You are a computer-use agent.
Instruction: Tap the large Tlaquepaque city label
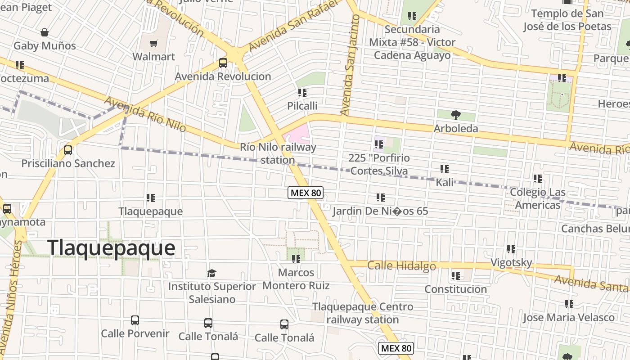pyautogui.click(x=111, y=248)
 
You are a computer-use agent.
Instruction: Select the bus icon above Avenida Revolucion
pyautogui.click(x=223, y=63)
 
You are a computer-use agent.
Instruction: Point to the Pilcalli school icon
pyautogui.click(x=302, y=93)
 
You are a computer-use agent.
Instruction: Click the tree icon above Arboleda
pyautogui.click(x=456, y=115)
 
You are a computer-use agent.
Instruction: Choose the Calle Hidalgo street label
pyautogui.click(x=401, y=265)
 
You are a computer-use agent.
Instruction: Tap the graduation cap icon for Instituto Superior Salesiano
pyautogui.click(x=212, y=273)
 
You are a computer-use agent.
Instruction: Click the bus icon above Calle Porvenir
pyautogui.click(x=135, y=320)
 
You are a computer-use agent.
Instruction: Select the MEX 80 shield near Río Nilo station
pyautogui.click(x=306, y=193)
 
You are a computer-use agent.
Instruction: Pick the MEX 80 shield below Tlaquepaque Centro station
pyautogui.click(x=396, y=348)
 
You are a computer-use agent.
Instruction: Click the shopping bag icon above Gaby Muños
pyautogui.click(x=45, y=32)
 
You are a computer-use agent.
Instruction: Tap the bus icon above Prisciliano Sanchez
pyautogui.click(x=68, y=150)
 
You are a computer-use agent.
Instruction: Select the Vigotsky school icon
pyautogui.click(x=511, y=249)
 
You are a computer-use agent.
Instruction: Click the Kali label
pyautogui.click(x=445, y=183)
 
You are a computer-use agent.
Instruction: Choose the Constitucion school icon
pyautogui.click(x=456, y=275)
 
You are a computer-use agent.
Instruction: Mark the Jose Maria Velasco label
pyautogui.click(x=568, y=318)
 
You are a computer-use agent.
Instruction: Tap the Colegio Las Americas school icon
pyautogui.click(x=537, y=179)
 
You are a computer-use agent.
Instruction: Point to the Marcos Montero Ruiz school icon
pyautogui.click(x=296, y=259)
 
